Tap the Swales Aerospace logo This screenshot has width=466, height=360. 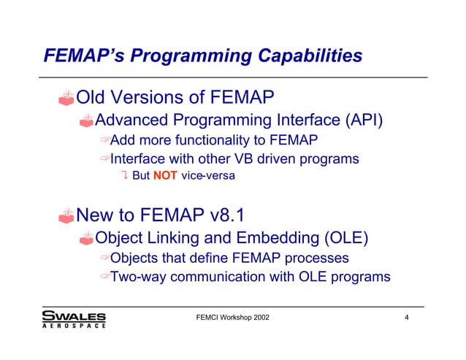click(x=74, y=320)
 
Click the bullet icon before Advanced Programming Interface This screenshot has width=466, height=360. click(x=87, y=119)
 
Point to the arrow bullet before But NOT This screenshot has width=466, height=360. click(x=125, y=175)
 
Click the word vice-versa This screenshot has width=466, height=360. click(x=209, y=175)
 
